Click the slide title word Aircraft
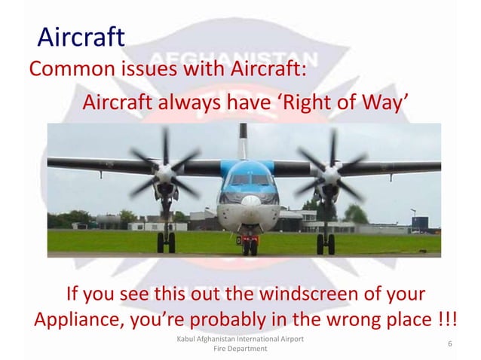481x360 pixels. click(x=81, y=37)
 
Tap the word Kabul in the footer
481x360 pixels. click(x=186, y=340)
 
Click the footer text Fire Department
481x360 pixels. click(x=240, y=351)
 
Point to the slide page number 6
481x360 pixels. click(x=449, y=344)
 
